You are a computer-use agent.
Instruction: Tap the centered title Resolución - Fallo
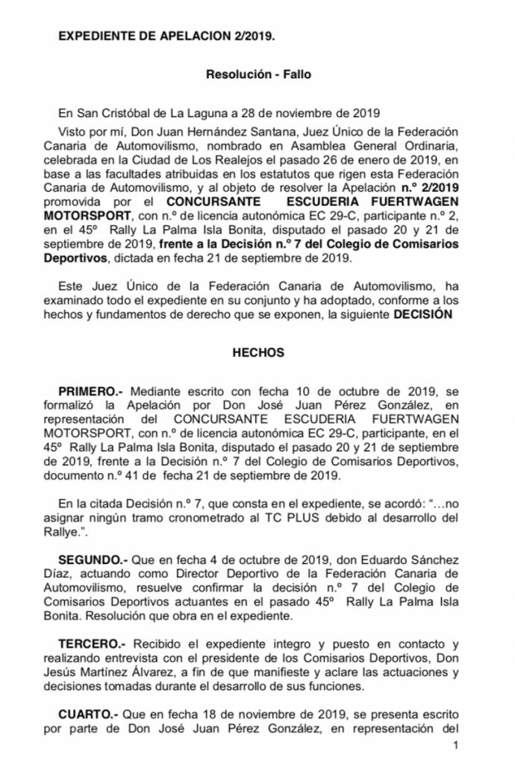pos(257,75)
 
